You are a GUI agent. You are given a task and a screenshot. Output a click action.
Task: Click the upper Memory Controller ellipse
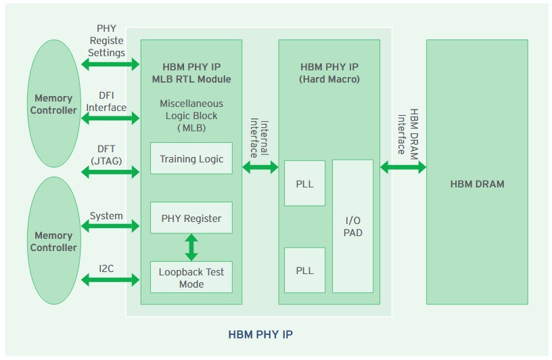[x=54, y=104]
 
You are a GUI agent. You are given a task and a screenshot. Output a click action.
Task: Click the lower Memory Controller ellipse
[x=54, y=241]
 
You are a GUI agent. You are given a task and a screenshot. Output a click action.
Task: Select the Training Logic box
[x=191, y=159]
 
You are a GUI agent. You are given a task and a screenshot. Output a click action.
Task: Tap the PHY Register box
[x=191, y=218]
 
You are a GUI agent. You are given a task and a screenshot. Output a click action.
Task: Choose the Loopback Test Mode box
[x=191, y=277]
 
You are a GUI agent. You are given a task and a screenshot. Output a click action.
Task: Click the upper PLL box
[x=304, y=183]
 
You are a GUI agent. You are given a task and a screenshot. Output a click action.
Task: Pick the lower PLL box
[x=304, y=270]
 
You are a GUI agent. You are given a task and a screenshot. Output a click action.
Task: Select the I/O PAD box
[x=352, y=226]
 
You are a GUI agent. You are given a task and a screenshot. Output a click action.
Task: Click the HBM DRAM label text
[x=477, y=183]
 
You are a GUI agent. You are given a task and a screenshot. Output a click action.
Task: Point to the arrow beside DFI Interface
[x=110, y=118]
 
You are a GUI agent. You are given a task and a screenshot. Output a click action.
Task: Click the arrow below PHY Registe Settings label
[x=110, y=64]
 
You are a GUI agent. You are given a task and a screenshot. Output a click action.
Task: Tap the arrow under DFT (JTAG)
[x=110, y=173]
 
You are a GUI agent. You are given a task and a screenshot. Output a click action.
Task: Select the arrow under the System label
[x=110, y=227]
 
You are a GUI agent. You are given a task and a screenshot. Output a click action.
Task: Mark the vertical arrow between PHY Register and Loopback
[x=191, y=247]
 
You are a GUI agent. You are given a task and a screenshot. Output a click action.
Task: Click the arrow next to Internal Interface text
[x=260, y=167]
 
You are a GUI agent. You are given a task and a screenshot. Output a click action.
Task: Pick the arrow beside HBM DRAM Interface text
[x=403, y=167]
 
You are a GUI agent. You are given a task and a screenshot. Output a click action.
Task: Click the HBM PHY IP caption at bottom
[x=260, y=334]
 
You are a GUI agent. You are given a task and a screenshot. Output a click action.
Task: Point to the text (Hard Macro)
[x=329, y=79]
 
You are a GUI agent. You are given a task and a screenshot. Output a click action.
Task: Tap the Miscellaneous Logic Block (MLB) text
[x=191, y=116]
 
